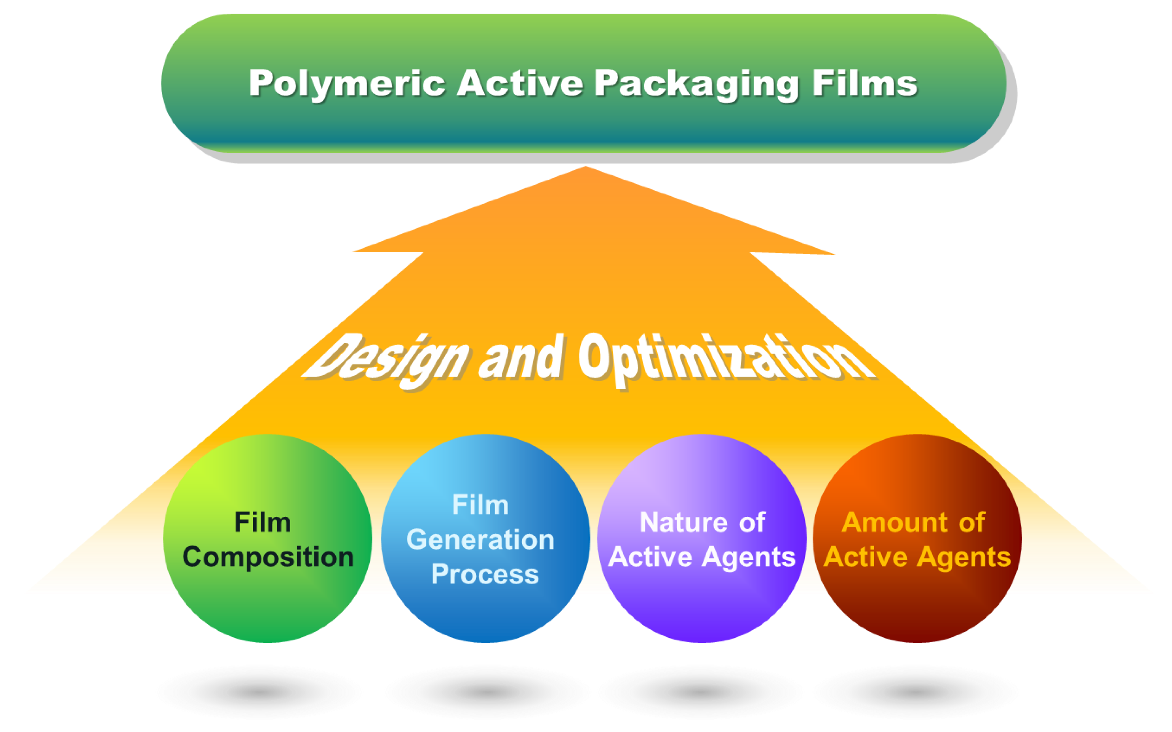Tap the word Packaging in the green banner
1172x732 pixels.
(x=697, y=84)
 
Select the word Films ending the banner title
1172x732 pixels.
(x=865, y=84)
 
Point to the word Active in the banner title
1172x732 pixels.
(x=520, y=84)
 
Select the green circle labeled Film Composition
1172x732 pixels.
(x=268, y=605)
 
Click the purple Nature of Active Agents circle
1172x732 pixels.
(x=702, y=605)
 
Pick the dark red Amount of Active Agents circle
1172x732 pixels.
(x=917, y=605)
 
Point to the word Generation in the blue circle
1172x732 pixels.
(x=480, y=539)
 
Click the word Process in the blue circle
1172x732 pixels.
(x=485, y=574)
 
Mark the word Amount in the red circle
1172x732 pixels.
(x=894, y=522)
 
